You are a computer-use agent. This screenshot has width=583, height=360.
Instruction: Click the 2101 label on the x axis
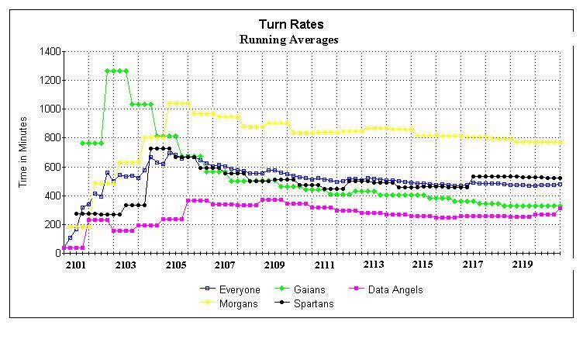77,265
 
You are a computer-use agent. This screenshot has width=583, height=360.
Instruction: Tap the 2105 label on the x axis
176,265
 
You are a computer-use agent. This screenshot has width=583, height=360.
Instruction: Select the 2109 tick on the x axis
274,265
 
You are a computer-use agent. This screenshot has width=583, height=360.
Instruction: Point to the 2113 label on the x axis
374,265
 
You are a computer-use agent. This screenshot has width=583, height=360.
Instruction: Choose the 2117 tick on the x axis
473,265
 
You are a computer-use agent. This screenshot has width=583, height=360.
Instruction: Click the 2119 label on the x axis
522,265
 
